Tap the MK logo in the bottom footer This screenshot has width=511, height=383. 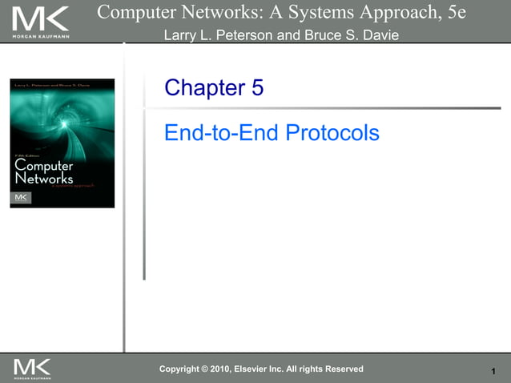pos(32,369)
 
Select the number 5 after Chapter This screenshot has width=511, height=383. pos(257,88)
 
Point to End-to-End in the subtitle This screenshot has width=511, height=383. pos(220,132)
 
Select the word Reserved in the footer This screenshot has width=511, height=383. pos(342,369)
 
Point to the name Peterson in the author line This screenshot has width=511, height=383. pos(244,36)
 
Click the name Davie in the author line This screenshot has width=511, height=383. pos(379,36)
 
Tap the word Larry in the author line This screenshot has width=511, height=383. pos(180,36)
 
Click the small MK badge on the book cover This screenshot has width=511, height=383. pos(22,197)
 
